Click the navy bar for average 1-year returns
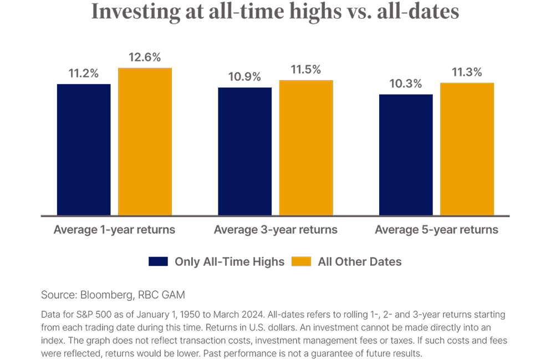tap(84, 150)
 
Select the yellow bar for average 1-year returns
tap(145, 141)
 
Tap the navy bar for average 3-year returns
tap(245, 151)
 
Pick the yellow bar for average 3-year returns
tap(306, 147)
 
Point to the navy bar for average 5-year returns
tap(406, 155)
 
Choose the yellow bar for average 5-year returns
tap(467, 149)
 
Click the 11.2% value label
tap(84, 74)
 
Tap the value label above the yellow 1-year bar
tap(145, 57)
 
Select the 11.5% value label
tap(306, 70)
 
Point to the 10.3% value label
tap(406, 84)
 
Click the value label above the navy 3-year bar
tap(245, 77)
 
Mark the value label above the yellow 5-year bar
tap(467, 73)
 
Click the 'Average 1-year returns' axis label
tap(115, 229)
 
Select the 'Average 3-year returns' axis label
tap(275, 229)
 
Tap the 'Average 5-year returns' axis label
tap(436, 229)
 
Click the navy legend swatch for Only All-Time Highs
tap(158, 261)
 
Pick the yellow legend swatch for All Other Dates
tap(302, 261)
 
